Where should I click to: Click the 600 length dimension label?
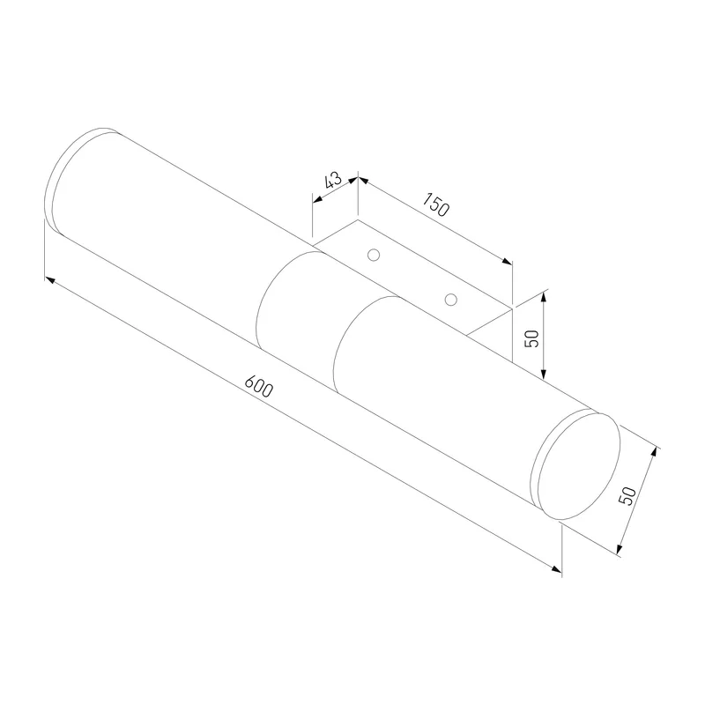258,386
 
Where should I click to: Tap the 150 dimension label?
435,204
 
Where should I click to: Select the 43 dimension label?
333,180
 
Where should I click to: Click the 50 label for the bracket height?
531,338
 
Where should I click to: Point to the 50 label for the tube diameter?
627,495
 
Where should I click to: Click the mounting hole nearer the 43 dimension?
373,255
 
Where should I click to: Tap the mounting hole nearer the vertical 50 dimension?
450,300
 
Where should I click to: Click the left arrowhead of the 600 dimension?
50,279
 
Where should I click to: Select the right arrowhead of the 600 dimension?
556,568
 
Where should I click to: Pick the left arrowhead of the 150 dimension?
363,181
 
